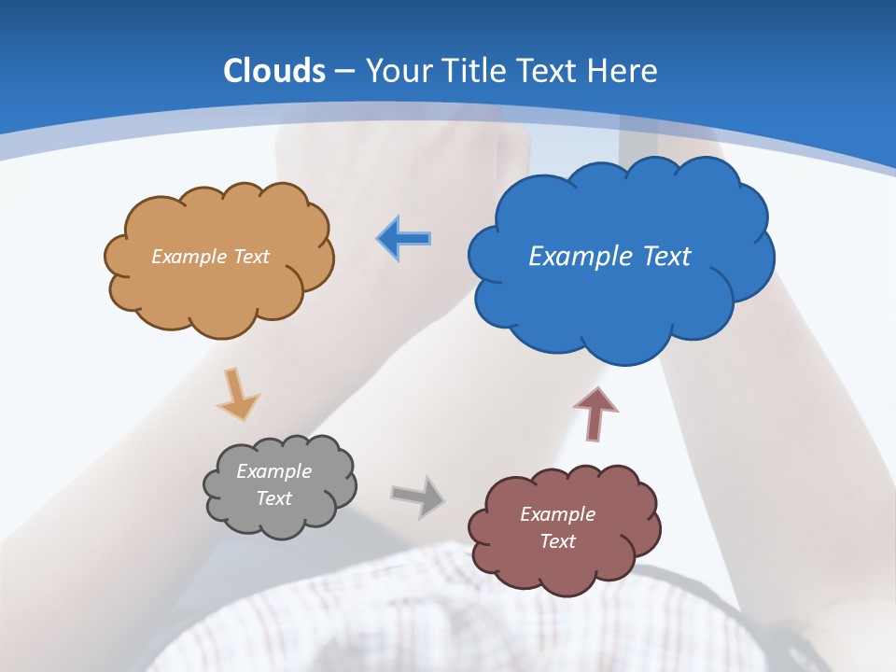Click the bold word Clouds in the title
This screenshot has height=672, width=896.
pos(274,71)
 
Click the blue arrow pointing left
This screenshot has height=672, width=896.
pos(404,238)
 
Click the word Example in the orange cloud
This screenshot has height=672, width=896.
pos(189,257)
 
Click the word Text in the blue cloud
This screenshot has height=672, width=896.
pos(665,257)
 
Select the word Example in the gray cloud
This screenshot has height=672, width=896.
pos(273,471)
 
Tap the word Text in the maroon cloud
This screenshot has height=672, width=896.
pos(557,541)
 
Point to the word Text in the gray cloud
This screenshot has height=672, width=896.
pos(273,498)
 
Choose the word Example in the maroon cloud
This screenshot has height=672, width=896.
pos(557,514)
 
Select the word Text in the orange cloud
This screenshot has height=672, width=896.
pos(249,257)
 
